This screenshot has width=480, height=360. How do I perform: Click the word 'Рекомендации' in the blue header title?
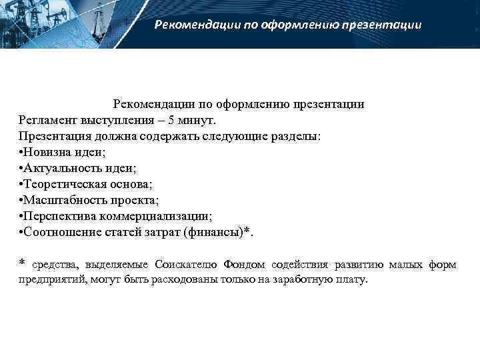[194, 25]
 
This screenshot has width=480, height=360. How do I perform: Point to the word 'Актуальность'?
[59, 169]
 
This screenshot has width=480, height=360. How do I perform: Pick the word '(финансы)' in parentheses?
[214, 233]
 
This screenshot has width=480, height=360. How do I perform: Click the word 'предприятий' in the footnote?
[50, 281]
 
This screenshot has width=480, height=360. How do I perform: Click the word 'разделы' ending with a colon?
[297, 137]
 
